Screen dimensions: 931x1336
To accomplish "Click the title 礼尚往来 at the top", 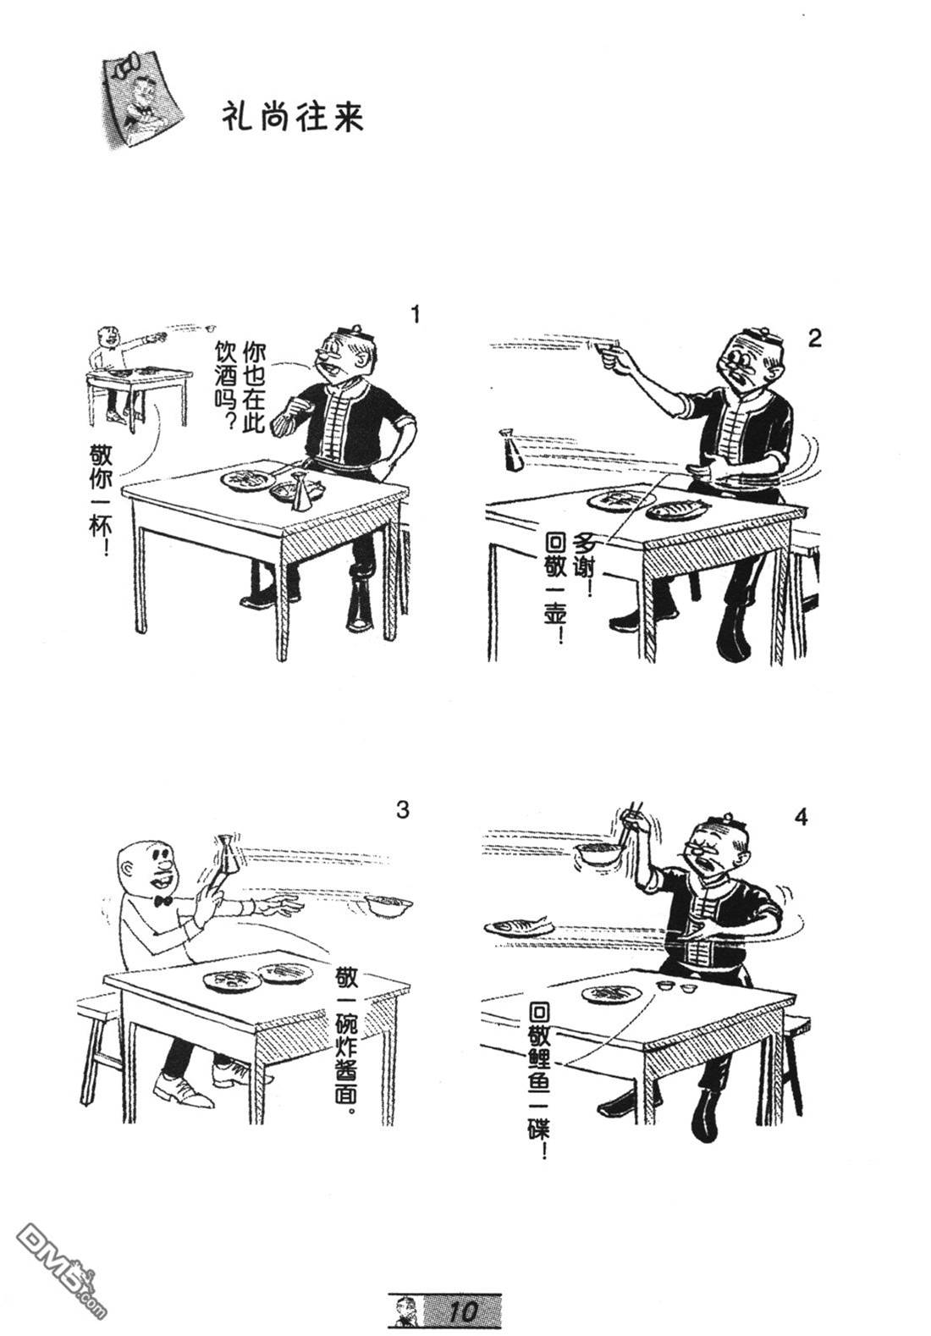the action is tap(292, 116).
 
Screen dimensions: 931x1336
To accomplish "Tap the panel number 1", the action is tap(416, 314).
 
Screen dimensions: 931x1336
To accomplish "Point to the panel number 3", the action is tap(403, 810).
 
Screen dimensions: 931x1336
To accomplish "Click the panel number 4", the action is tap(801, 817).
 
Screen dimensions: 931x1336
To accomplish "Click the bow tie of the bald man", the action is tap(163, 900).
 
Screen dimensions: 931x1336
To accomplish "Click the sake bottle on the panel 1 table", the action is tap(300, 491).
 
